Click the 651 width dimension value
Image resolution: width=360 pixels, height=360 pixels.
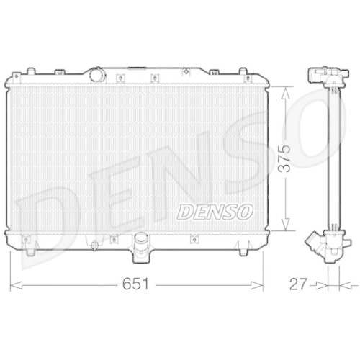pos(138,284)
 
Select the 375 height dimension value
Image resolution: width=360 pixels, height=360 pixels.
pos(287,159)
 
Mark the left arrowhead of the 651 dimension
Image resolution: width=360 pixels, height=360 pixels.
pos(14,285)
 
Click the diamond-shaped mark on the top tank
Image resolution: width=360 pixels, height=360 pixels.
pos(186,71)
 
